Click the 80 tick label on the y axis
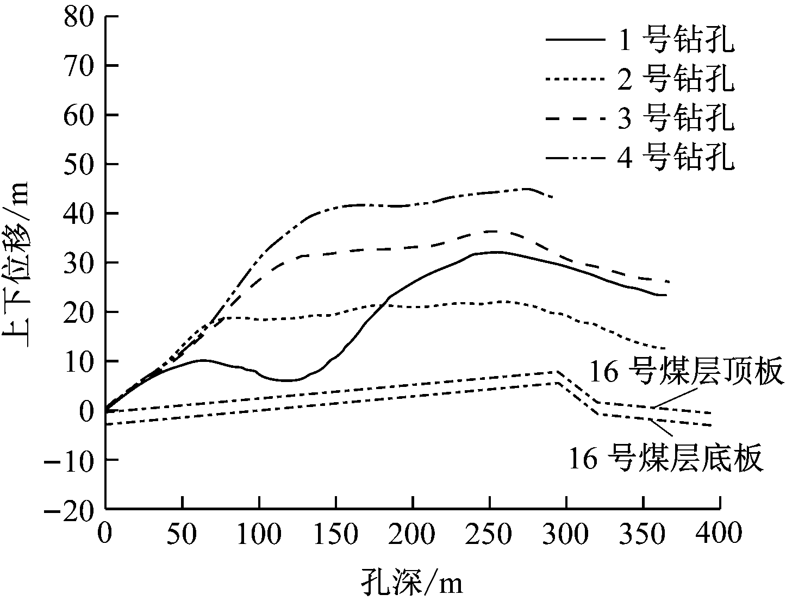pos(78,16)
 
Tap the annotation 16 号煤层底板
pos(666,460)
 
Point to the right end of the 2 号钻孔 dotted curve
pos(666,348)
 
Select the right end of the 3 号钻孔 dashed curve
pos(669,282)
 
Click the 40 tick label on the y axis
pos(78,214)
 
